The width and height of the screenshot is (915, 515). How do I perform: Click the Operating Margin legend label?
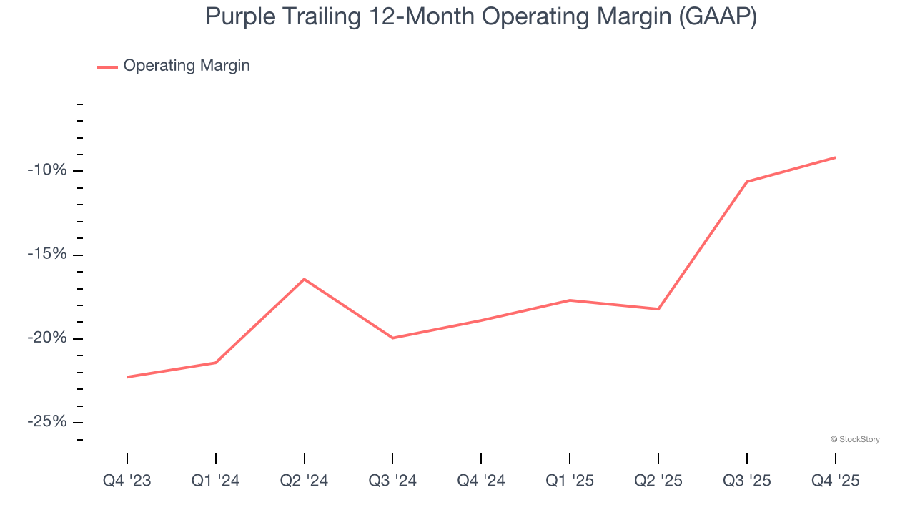[x=187, y=66]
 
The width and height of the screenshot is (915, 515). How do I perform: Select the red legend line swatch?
[x=107, y=67]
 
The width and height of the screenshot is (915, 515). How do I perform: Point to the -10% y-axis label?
[x=47, y=170]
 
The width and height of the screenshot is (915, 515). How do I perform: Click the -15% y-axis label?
[x=47, y=255]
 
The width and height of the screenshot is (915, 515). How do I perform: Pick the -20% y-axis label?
[x=47, y=338]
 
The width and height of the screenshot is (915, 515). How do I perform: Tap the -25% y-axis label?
[x=47, y=422]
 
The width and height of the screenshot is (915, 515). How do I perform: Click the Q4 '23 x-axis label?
[x=127, y=481]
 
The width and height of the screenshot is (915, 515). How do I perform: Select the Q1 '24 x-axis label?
[x=216, y=481]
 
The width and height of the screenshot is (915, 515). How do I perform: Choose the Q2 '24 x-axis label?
[x=305, y=481]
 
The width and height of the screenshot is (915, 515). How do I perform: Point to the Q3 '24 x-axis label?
[x=392, y=481]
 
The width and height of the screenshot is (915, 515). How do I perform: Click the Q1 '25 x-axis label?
[x=570, y=481]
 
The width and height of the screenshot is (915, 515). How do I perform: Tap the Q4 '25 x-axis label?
[x=835, y=481]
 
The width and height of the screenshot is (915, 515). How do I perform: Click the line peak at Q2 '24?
[x=305, y=279]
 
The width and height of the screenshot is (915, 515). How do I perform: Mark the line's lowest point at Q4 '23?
[x=127, y=377]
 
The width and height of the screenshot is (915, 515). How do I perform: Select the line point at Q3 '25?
[x=747, y=182]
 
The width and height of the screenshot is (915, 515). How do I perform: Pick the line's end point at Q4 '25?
[x=835, y=157]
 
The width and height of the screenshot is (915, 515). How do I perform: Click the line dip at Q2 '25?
[x=658, y=309]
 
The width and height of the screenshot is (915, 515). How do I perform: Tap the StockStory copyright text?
[x=855, y=439]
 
